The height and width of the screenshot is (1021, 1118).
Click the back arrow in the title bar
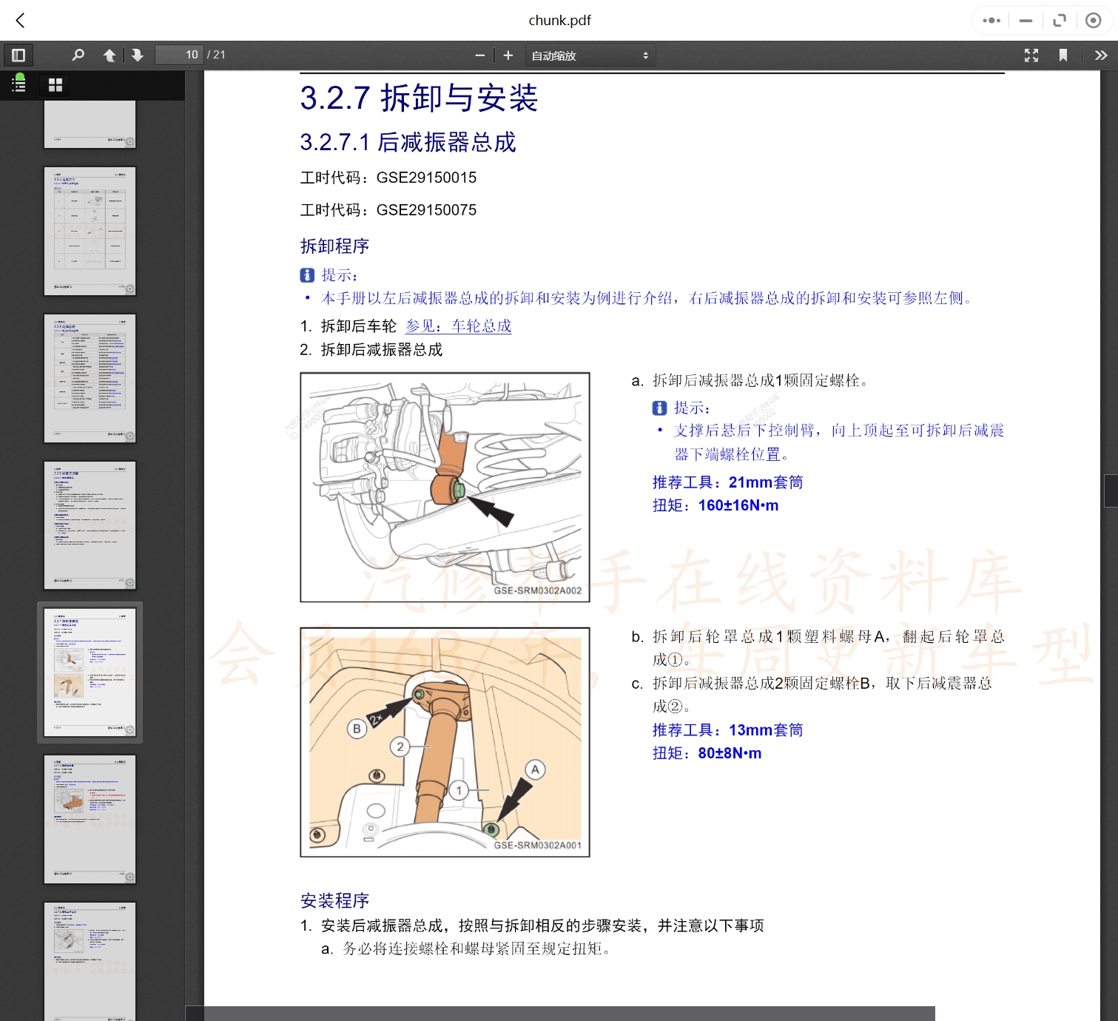point(21,21)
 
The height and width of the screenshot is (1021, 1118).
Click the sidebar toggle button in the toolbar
point(18,55)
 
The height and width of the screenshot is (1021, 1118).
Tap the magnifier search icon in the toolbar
point(78,55)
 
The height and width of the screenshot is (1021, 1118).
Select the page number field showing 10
point(179,55)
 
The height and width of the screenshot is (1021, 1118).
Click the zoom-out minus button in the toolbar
point(479,55)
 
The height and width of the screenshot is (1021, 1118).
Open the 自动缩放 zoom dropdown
point(590,55)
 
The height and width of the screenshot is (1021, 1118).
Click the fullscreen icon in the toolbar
point(1031,55)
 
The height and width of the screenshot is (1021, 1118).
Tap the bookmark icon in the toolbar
point(1063,55)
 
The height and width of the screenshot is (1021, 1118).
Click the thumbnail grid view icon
point(55,85)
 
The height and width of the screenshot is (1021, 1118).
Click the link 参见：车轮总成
point(458,326)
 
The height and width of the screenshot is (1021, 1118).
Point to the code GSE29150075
point(426,210)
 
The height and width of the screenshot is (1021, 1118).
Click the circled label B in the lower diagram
point(357,729)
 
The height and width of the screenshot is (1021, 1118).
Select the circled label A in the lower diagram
point(535,769)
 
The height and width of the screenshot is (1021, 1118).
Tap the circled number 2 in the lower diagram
point(400,747)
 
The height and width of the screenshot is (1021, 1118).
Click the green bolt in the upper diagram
point(458,489)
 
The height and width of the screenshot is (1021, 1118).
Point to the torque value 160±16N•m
point(738,505)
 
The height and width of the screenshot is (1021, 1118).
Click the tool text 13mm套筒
point(765,730)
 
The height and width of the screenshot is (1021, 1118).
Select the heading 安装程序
point(334,900)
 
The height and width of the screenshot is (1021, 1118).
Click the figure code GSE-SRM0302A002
point(537,590)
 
